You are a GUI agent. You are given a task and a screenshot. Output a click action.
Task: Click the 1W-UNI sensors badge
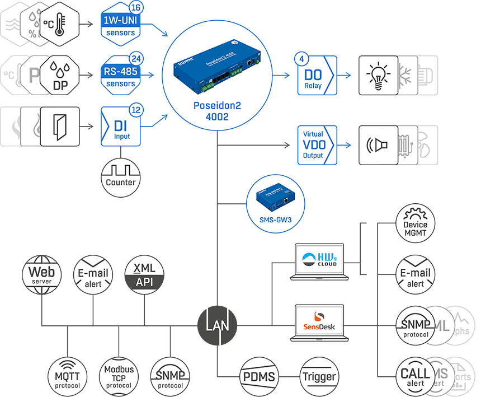coord(120,25)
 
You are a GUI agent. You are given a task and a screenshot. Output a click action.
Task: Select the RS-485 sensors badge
coord(120,76)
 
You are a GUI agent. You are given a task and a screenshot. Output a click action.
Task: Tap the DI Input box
coord(120,127)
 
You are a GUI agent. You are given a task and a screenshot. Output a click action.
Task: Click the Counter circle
coord(121,176)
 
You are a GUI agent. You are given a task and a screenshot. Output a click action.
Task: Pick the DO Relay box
coord(317,75)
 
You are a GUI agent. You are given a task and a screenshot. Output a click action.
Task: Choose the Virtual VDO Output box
coord(316,145)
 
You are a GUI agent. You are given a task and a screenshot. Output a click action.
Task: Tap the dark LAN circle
coord(217,325)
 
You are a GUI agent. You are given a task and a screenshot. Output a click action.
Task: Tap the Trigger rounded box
coord(319,376)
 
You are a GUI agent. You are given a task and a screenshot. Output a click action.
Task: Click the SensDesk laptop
coord(319,323)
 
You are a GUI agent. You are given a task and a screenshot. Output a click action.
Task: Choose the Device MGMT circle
coord(415,225)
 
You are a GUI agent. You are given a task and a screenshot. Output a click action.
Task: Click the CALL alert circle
coord(415,375)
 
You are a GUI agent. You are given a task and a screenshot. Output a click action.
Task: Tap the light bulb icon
coord(377,75)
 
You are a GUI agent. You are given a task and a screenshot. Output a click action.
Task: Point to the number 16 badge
coord(136,8)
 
